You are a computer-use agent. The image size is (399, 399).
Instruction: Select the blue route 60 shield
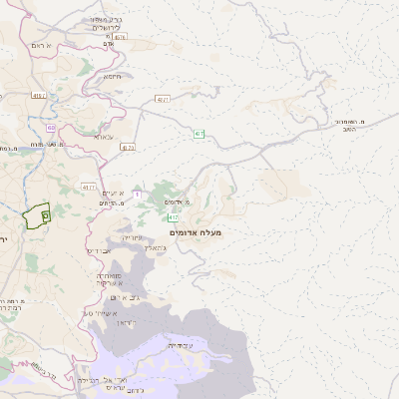[x=50, y=127]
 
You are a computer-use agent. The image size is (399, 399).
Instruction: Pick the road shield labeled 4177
[x=89, y=187]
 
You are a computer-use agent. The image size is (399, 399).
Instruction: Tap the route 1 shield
[x=137, y=193]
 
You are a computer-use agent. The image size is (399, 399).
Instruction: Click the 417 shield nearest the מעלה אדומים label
[x=174, y=216]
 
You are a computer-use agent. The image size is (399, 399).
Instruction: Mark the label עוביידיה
[x=182, y=345]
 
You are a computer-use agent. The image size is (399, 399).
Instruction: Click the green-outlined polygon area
[x=37, y=215]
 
